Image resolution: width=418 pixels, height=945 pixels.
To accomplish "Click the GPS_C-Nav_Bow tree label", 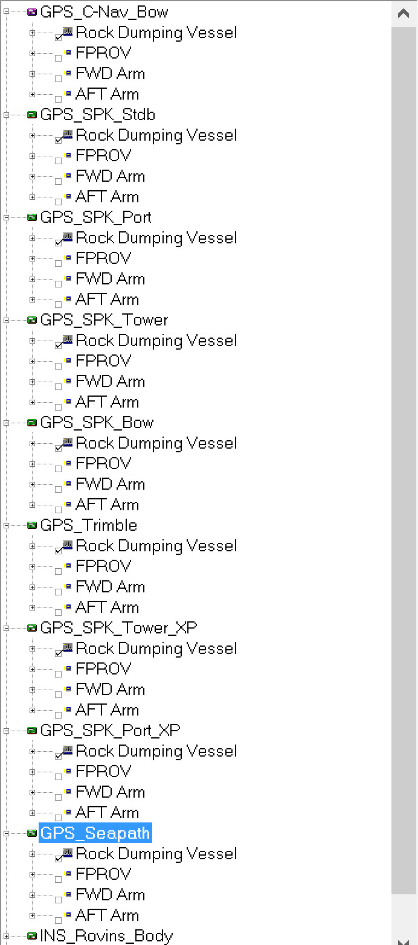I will [x=104, y=12].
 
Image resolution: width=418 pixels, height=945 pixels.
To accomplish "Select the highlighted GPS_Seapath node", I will [x=95, y=833].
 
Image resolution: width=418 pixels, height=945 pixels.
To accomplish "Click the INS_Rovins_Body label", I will [x=106, y=936].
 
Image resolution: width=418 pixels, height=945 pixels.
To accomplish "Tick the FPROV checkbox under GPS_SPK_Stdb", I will [x=58, y=160].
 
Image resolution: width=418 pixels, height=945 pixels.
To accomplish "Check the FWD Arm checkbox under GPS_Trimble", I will [x=58, y=591].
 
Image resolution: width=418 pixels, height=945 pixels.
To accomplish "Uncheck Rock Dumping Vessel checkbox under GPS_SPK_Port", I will [x=58, y=242].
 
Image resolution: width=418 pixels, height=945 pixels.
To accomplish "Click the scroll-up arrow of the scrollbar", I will [x=404, y=13].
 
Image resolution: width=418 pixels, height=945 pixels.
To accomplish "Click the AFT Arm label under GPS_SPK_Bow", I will [x=107, y=505].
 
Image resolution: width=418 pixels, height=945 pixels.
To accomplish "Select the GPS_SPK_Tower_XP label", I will [x=118, y=628].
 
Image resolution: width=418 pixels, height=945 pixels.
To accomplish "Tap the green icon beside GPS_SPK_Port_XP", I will [x=32, y=731].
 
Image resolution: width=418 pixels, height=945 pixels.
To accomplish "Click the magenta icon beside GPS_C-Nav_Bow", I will [x=32, y=12].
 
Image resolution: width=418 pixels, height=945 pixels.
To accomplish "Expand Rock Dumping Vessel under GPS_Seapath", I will [x=32, y=854].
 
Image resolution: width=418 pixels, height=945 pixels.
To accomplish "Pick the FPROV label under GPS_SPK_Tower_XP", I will [x=103, y=669].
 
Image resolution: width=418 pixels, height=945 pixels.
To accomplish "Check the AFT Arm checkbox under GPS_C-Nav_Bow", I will [x=58, y=98].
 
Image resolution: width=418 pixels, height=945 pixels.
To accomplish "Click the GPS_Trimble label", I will [x=89, y=525].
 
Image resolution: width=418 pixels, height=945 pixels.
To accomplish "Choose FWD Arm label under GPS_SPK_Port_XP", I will [x=110, y=792].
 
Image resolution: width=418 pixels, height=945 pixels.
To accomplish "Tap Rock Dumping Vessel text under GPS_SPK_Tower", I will [x=156, y=341].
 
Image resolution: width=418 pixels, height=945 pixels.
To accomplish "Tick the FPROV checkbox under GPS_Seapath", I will [x=58, y=879].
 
